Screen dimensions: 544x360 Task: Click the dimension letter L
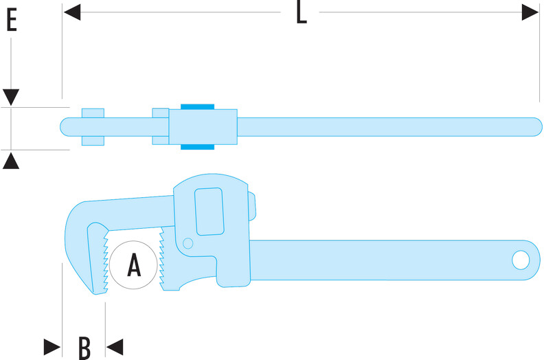(301, 13)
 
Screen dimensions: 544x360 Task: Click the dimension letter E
(12, 20)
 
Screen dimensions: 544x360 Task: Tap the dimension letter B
(84, 348)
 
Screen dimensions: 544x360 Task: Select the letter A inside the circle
(134, 265)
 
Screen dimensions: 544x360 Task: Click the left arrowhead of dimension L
(72, 12)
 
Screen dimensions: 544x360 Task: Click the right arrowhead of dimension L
(530, 12)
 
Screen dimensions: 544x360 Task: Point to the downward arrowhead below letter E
(11, 97)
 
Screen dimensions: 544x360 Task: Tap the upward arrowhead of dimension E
(11, 161)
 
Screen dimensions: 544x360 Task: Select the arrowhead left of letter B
(52, 347)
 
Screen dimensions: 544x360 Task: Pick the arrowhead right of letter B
(115, 347)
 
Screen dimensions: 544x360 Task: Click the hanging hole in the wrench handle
(521, 260)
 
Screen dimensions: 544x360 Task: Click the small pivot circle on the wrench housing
(188, 243)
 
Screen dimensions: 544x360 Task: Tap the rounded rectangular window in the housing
(209, 212)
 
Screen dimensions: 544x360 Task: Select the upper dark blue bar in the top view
(197, 107)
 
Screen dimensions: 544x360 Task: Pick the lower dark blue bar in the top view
(197, 147)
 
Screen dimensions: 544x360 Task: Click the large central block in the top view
(203, 127)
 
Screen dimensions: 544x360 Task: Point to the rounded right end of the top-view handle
(537, 127)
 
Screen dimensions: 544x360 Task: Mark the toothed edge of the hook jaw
(106, 261)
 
